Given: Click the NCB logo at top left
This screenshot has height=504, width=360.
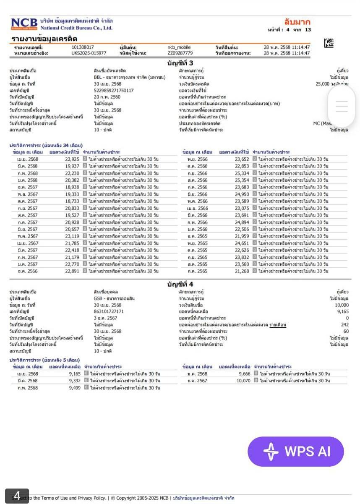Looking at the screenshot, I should click(x=24, y=24).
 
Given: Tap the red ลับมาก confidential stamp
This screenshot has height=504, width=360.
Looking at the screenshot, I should click(x=297, y=22).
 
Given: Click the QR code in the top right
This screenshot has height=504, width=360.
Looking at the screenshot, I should click(x=329, y=43).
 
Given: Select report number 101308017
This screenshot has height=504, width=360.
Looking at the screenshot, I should click(x=83, y=47).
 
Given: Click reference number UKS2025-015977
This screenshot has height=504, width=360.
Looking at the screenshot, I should click(x=89, y=53).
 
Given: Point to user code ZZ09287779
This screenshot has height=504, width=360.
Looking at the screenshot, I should click(x=180, y=53).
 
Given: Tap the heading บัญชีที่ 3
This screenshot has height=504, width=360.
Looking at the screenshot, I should click(x=180, y=63).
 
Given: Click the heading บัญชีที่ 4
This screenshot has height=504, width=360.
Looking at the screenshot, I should click(x=180, y=285).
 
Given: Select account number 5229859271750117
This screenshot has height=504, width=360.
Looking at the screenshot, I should click(x=114, y=90).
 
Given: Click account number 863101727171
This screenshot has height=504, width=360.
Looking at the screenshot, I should click(x=109, y=312).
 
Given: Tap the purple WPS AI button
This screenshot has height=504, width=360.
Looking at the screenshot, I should click(x=296, y=452).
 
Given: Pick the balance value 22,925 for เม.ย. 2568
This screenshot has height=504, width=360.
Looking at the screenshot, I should click(x=72, y=159).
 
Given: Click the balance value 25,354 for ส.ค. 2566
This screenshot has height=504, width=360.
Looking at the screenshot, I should click(x=242, y=180).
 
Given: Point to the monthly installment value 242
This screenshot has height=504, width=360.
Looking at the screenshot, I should click(x=344, y=325).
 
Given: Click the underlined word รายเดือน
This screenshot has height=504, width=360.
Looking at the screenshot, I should click(x=277, y=325).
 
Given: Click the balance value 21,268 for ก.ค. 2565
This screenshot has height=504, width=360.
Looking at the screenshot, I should click(x=242, y=271).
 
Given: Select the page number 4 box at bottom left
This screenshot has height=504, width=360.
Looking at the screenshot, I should click(x=17, y=496).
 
